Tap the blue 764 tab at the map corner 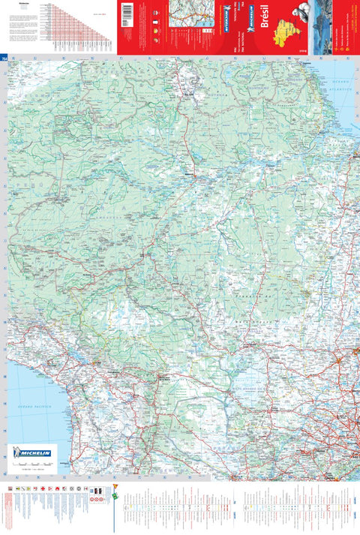pyautogui.click(x=4, y=58)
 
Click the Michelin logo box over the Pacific pyautogui.click(x=32, y=453)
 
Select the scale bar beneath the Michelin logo pyautogui.click(x=30, y=468)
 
